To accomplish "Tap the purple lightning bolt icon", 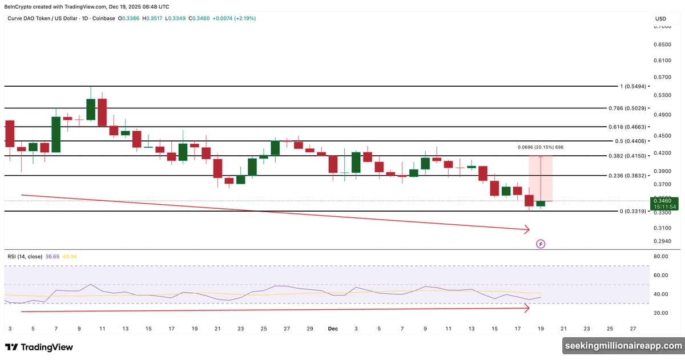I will [541, 244].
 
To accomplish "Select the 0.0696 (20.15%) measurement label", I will [541, 147].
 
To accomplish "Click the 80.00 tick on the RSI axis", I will [661, 257].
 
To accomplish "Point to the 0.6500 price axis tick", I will [662, 45].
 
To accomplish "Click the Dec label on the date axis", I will [333, 329].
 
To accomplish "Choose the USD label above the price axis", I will [660, 19].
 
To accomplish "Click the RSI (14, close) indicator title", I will [25, 257].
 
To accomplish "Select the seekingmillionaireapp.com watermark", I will [622, 346].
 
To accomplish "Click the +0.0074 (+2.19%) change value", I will [234, 18].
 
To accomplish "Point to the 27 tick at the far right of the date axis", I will [632, 329].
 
